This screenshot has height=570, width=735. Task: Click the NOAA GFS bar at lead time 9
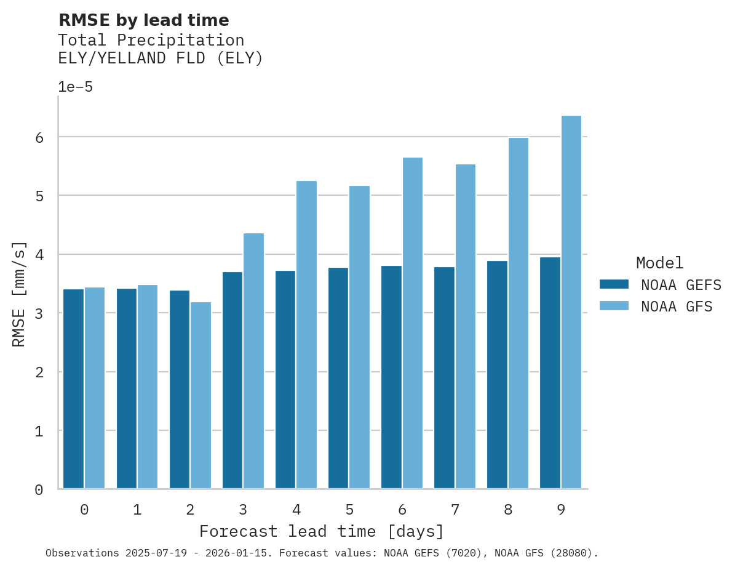pyautogui.click(x=571, y=302)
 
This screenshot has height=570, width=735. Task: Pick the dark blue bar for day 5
pyautogui.click(x=338, y=378)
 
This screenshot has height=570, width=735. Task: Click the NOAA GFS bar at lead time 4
pyautogui.click(x=306, y=335)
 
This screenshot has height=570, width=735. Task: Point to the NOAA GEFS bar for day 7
pyautogui.click(x=444, y=378)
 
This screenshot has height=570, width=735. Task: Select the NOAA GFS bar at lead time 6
pyautogui.click(x=412, y=323)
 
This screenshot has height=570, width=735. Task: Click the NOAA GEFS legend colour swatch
pyautogui.click(x=614, y=284)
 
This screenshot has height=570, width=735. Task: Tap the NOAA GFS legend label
pyautogui.click(x=677, y=307)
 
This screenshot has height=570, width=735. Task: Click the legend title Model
pyautogui.click(x=659, y=263)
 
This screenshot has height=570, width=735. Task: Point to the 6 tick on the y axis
pyautogui.click(x=39, y=137)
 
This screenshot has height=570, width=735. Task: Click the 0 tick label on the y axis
pyautogui.click(x=39, y=490)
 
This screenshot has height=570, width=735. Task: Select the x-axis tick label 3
pyautogui.click(x=243, y=510)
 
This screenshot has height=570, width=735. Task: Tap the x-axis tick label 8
pyautogui.click(x=508, y=510)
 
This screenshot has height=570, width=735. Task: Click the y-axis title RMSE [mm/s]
pyautogui.click(x=20, y=294)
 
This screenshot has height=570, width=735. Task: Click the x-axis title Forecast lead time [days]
pyautogui.click(x=321, y=531)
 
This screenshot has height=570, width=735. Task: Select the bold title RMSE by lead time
pyautogui.click(x=143, y=20)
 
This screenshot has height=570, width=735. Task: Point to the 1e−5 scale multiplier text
pyautogui.click(x=75, y=87)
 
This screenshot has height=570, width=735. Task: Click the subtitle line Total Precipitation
pyautogui.click(x=151, y=41)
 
